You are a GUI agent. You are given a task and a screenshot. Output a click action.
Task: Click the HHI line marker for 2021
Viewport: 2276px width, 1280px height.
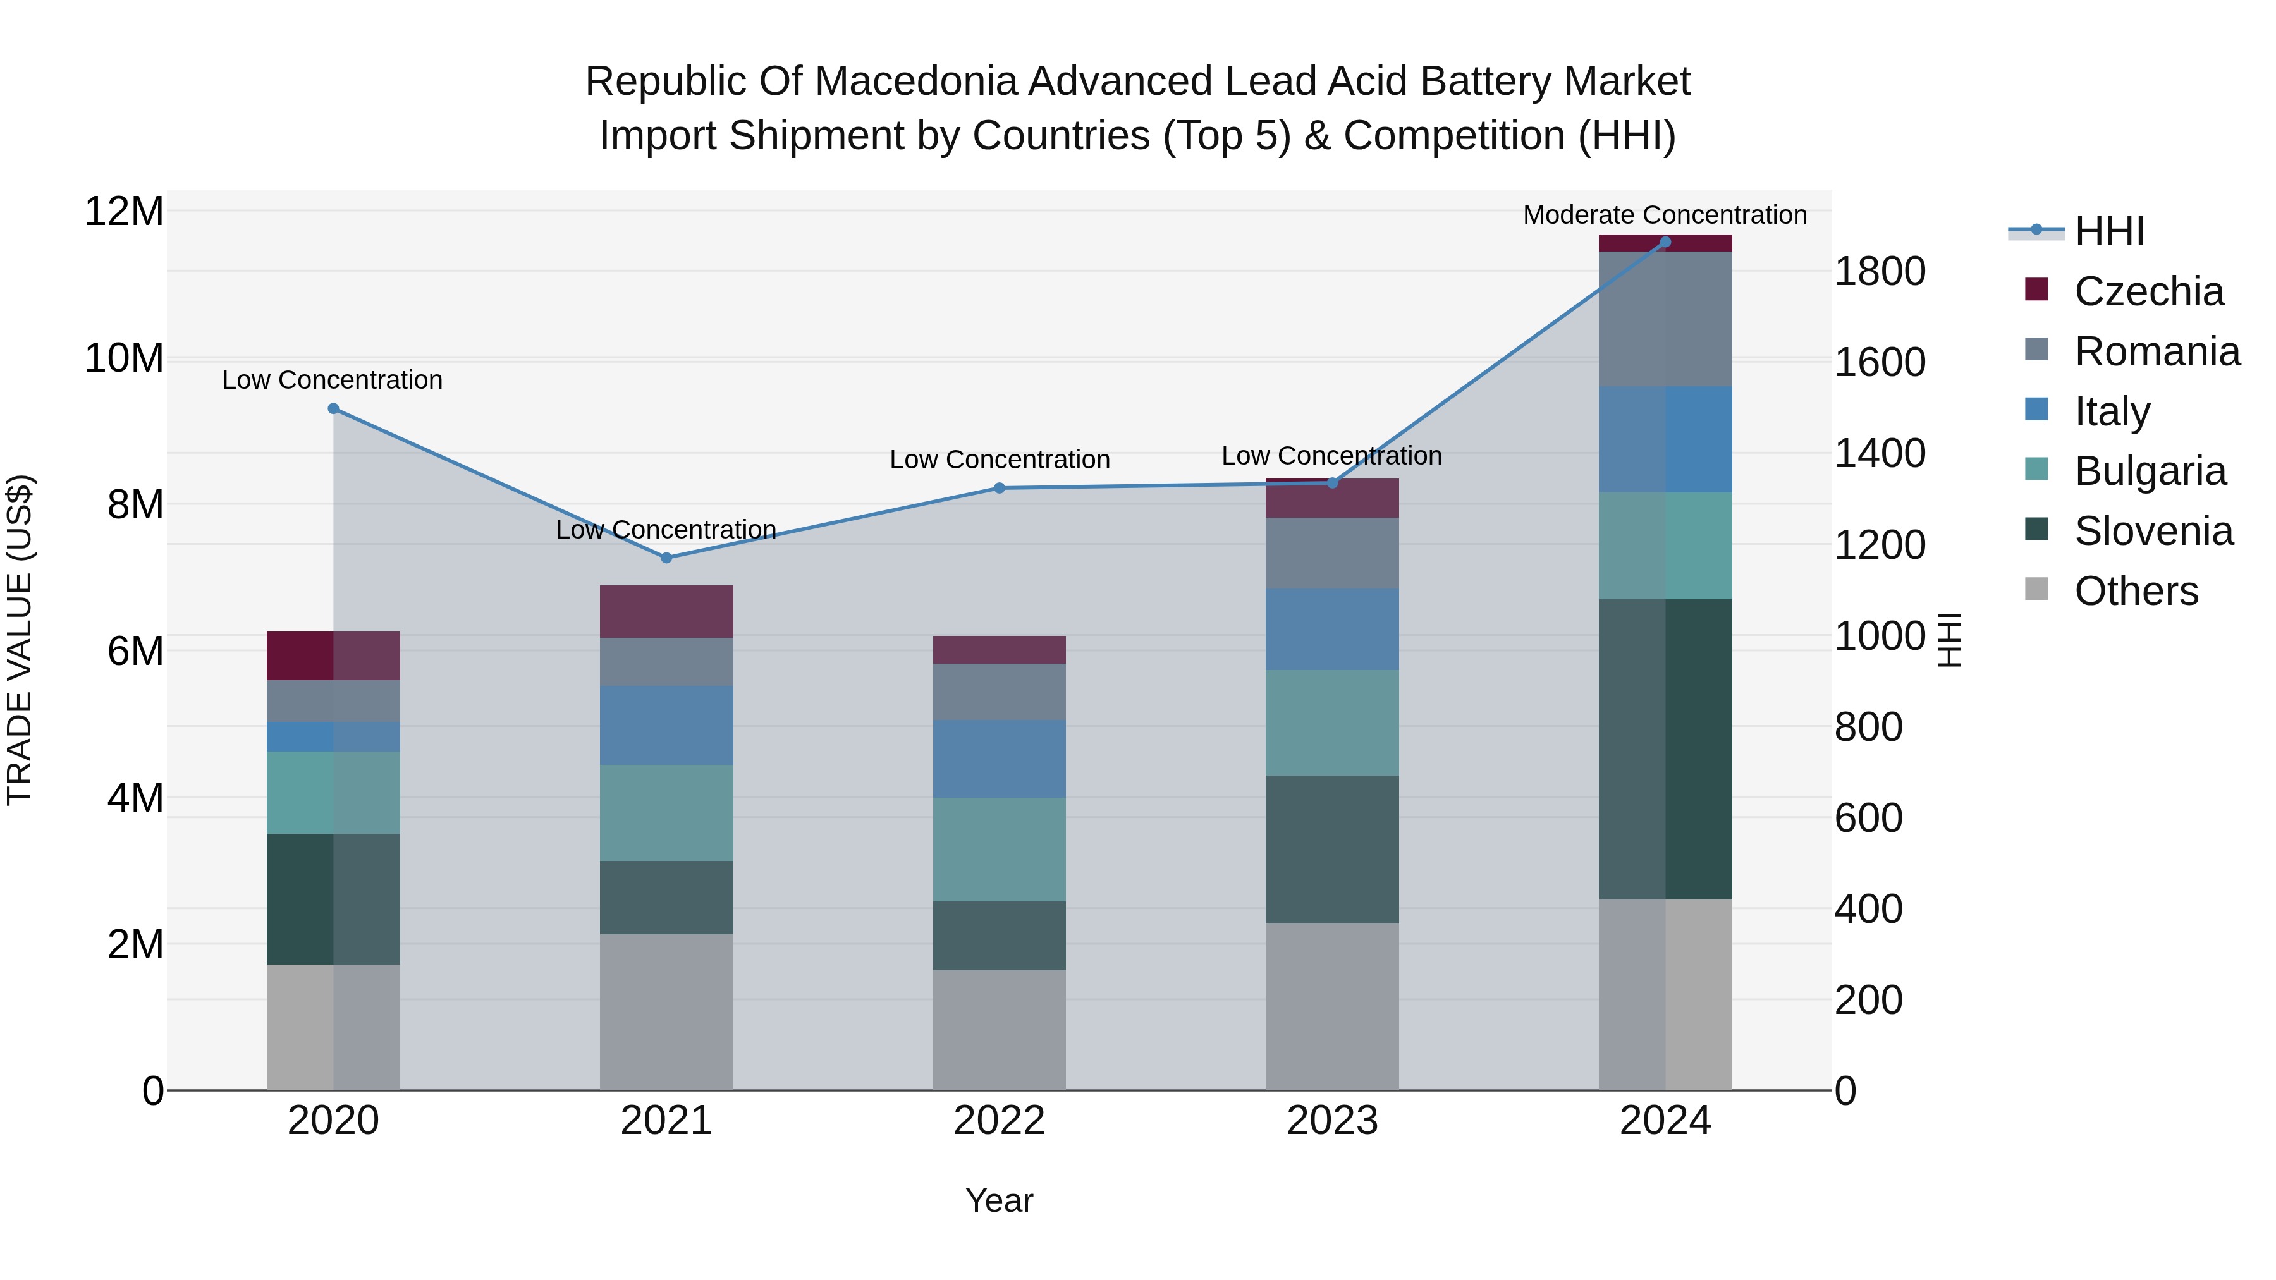pos(666,558)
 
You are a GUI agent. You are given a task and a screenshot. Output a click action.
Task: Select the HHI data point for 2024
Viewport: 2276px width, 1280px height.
pos(1665,242)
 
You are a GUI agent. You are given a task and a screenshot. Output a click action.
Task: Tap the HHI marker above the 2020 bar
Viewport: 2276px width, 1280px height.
pos(333,408)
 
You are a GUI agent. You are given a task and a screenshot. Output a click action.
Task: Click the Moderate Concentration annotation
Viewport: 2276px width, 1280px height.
pos(1665,215)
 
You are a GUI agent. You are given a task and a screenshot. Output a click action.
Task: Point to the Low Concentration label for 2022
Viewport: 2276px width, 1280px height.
pos(1000,460)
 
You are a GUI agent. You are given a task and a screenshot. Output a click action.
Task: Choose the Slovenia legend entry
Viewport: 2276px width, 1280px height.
pos(2153,531)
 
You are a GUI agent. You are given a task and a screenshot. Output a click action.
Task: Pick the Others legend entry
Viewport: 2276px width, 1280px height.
pos(2136,591)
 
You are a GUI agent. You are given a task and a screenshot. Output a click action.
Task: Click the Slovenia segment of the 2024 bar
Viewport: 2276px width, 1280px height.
pos(1665,749)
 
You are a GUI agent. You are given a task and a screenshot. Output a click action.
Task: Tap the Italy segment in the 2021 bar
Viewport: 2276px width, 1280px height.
pos(666,724)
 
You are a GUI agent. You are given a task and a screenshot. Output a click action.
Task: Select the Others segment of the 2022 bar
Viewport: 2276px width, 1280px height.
pos(1000,1030)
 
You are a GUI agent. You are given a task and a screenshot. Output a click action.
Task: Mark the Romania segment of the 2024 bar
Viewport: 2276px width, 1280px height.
pos(1665,319)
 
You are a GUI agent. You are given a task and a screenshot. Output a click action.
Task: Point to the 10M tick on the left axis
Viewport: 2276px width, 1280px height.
pos(124,358)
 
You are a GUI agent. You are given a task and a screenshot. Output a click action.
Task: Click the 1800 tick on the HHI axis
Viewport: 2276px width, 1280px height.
pos(1880,271)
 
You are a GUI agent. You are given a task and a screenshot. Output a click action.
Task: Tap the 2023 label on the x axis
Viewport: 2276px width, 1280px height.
pos(1331,1121)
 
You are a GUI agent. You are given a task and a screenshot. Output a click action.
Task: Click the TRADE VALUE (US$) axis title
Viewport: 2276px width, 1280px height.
pos(20,640)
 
